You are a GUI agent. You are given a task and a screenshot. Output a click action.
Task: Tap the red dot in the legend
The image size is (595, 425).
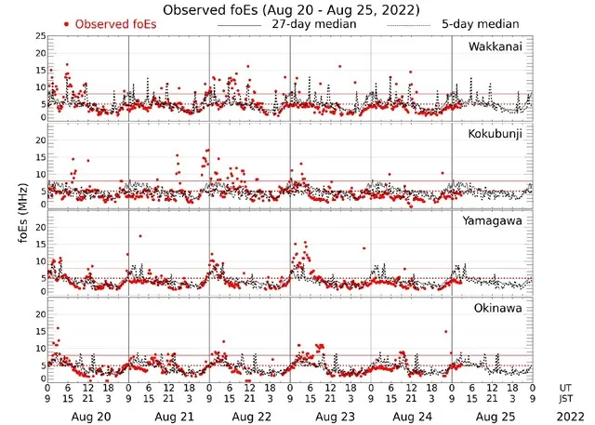pyautogui.click(x=66, y=24)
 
